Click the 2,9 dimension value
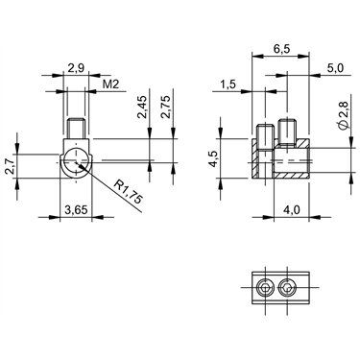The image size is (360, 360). [x=76, y=67]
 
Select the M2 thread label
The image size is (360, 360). [x=110, y=84]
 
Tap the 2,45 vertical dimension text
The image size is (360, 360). [x=142, y=108]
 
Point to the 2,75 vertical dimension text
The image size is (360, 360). [x=166, y=108]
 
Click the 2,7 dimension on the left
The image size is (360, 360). [x=10, y=166]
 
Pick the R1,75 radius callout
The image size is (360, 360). [x=129, y=192]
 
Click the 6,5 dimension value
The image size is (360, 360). [x=281, y=49]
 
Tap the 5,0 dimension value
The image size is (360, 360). [x=335, y=67]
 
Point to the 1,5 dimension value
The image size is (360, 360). [x=228, y=84]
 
